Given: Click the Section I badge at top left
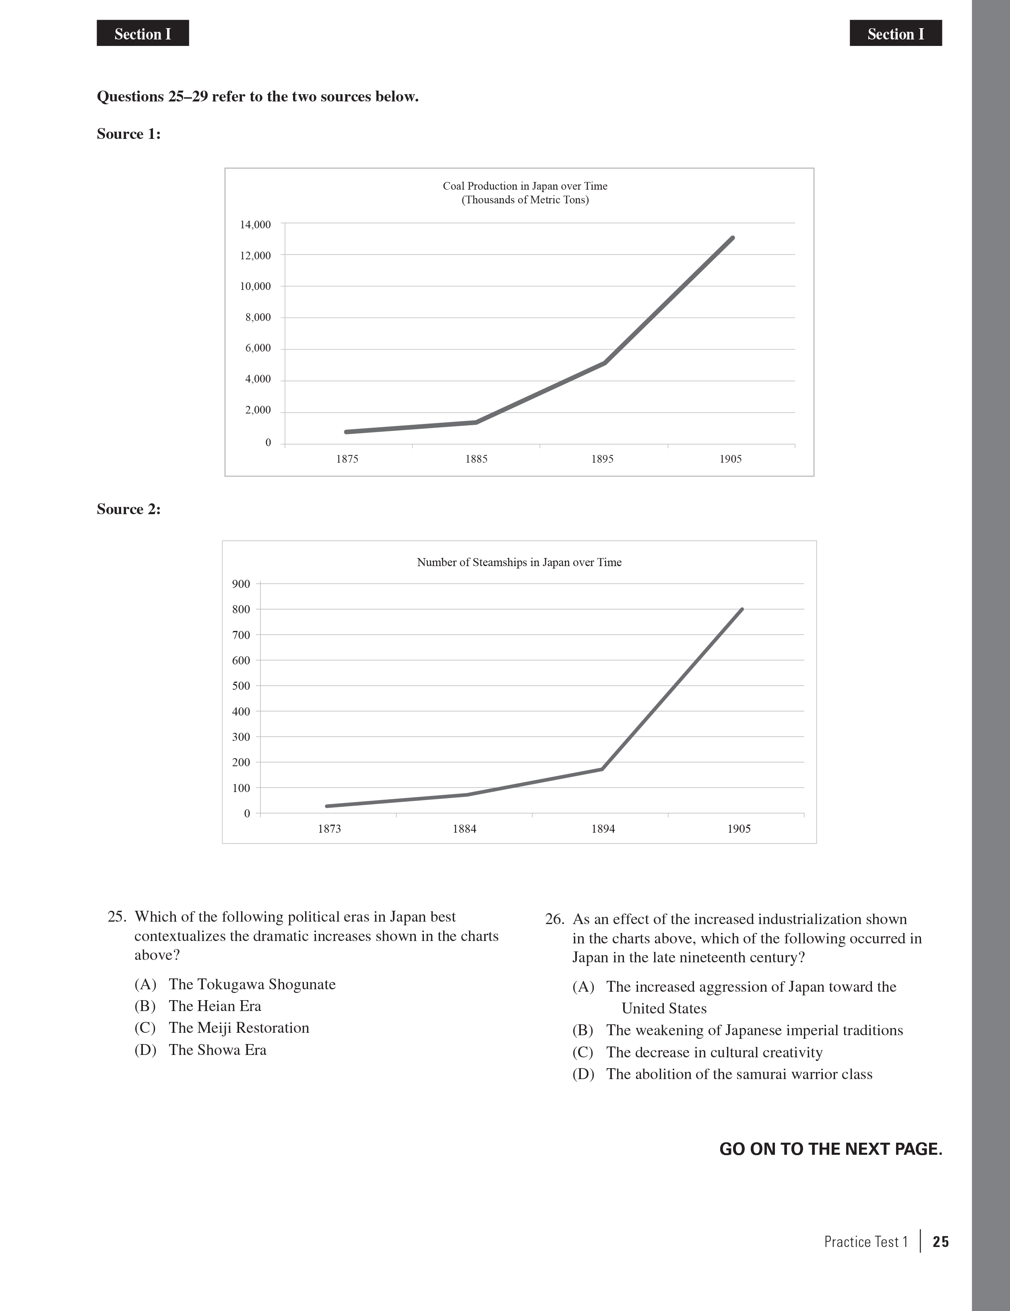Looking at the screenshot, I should (143, 33).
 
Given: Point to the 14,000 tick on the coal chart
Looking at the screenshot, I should (256, 225).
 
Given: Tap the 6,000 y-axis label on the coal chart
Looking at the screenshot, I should (258, 348).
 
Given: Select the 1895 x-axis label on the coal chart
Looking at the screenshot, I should (603, 459).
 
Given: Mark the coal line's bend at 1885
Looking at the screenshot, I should (476, 423).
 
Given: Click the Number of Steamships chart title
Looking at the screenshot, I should (519, 562).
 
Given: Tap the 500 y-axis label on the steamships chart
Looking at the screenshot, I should (241, 686).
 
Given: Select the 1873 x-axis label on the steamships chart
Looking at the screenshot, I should (329, 829).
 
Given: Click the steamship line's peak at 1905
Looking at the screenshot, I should (742, 609).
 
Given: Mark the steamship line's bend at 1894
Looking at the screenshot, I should (602, 769).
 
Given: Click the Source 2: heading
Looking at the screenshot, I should (128, 510).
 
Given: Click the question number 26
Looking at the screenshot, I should (554, 920).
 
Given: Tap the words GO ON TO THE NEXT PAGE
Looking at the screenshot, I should (830, 1149).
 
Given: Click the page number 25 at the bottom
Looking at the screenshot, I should (940, 1242).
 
